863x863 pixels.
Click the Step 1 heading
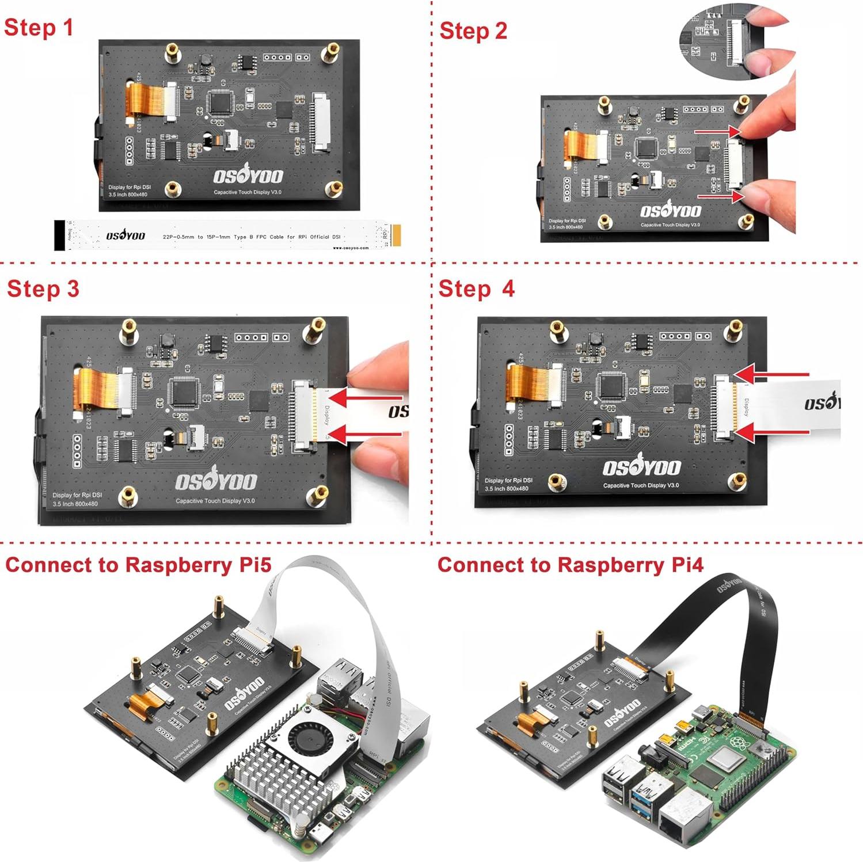[39, 28]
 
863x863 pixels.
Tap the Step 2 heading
[473, 31]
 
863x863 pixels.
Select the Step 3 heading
[43, 288]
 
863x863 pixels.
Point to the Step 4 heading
[476, 288]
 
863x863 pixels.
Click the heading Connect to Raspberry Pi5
[138, 565]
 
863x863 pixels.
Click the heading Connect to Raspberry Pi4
[570, 565]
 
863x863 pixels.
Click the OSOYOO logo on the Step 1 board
[248, 174]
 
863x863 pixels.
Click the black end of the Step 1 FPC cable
[59, 235]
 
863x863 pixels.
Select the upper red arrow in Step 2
[717, 132]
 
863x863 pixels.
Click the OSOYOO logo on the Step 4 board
[641, 466]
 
